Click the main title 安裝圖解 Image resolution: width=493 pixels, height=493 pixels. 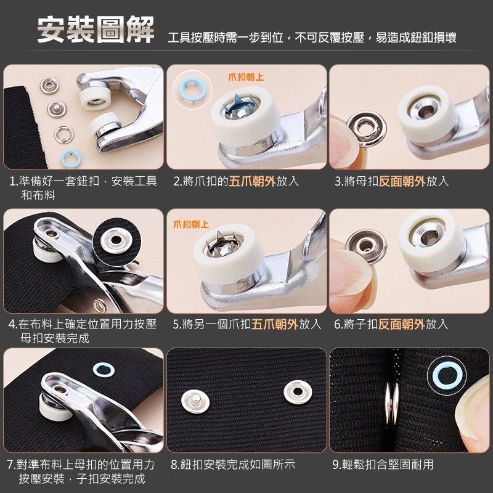(x=96, y=31)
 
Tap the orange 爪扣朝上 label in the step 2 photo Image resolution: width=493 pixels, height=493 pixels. (x=246, y=77)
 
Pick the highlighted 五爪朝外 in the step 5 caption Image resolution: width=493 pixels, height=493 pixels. (x=275, y=324)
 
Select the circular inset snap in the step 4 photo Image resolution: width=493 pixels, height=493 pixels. (x=115, y=237)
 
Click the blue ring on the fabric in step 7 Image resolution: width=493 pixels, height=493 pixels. (x=99, y=370)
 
